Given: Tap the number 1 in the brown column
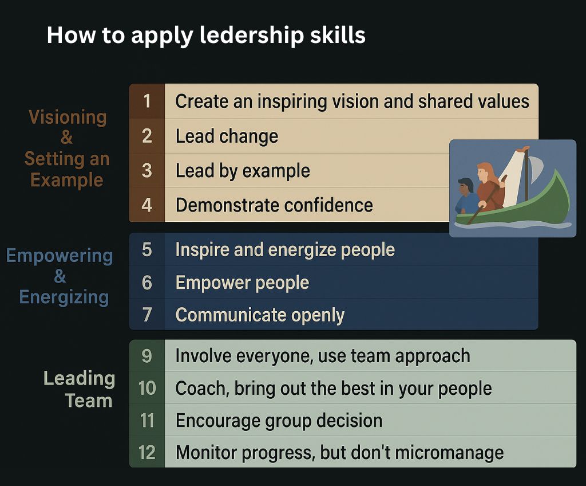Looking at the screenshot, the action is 147,101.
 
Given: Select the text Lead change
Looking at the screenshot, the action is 227,136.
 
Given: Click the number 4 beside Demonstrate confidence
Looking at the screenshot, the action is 147,205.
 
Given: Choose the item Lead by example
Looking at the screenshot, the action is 243,171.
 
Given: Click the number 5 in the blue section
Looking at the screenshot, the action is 147,249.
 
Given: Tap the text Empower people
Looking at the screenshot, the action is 242,283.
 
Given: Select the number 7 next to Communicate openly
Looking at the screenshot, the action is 147,315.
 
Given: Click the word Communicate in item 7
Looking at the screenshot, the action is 231,315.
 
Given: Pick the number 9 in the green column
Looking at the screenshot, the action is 147,356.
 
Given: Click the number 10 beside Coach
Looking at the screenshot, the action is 147,388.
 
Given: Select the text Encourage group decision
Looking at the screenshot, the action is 279,421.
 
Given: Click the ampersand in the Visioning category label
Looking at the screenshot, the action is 66,138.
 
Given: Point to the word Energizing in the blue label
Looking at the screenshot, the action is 64,297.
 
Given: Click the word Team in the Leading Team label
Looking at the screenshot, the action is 89,400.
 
